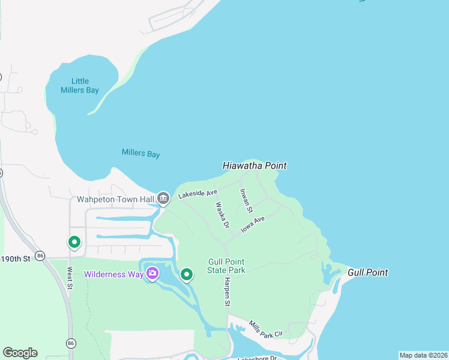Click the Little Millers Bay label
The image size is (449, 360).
(x=80, y=86)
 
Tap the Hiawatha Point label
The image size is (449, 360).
(x=255, y=166)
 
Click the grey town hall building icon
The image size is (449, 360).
(x=163, y=198)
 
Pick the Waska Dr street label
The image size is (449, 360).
(x=222, y=215)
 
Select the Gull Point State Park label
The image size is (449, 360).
(x=226, y=266)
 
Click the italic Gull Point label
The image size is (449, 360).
(x=367, y=272)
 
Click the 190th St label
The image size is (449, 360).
(x=15, y=259)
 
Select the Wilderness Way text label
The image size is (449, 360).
(x=113, y=275)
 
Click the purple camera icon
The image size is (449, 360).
(x=152, y=274)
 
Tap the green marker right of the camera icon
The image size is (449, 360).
(x=187, y=275)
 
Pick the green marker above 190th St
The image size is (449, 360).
(x=74, y=242)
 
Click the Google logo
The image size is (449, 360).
(x=20, y=353)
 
